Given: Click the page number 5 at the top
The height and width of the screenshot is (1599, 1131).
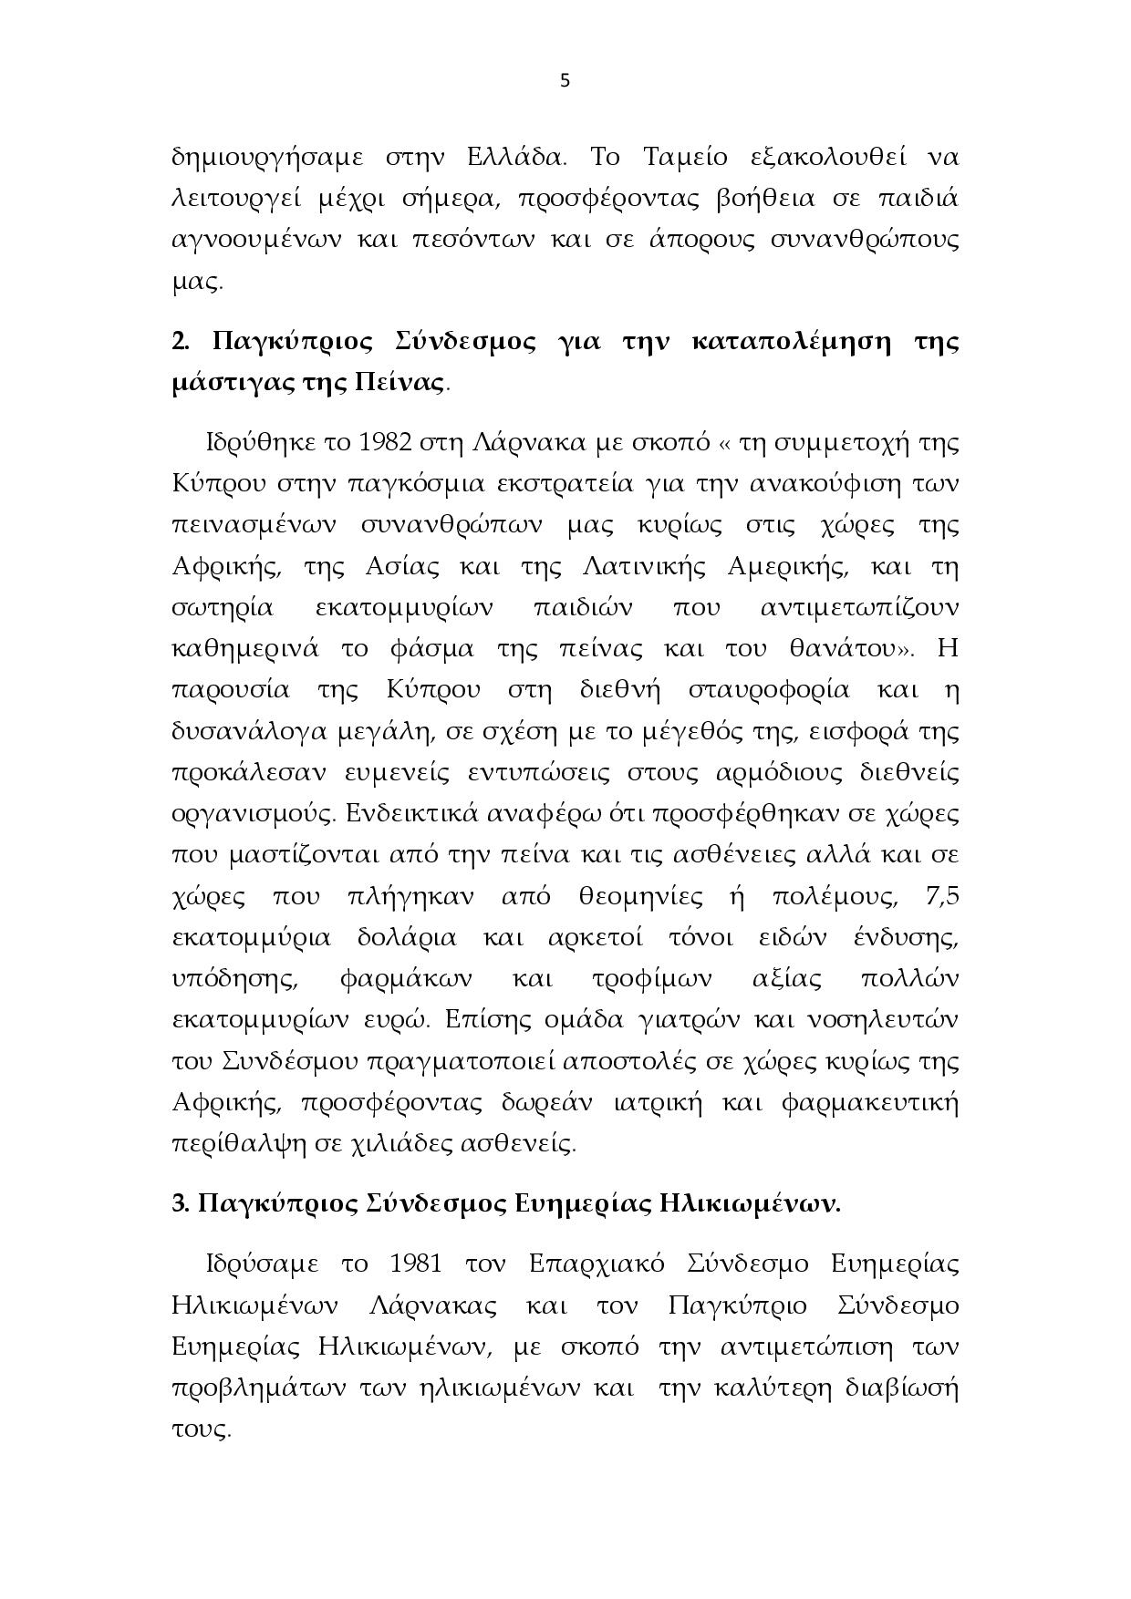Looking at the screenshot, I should point(564,80).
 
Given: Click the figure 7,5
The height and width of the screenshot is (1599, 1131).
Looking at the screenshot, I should point(941,896).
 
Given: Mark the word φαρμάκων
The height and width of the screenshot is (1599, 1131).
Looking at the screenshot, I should point(405,979).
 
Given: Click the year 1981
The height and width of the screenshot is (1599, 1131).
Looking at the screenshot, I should point(415,1264).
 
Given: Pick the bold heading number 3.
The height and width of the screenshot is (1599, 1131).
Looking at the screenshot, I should point(179,1204).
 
